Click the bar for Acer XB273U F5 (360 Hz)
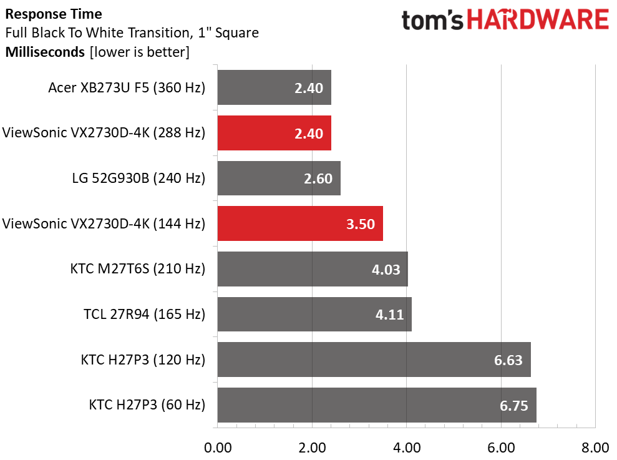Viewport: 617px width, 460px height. pyautogui.click(x=274, y=87)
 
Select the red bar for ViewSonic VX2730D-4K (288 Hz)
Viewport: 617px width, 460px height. pyautogui.click(x=274, y=133)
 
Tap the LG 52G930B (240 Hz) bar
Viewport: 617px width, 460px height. pyautogui.click(x=279, y=178)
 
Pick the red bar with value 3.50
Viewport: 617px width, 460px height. pyautogui.click(x=300, y=223)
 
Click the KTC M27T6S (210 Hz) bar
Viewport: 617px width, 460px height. pyautogui.click(x=313, y=269)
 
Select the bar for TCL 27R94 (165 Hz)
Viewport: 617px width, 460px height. pyautogui.click(x=315, y=315)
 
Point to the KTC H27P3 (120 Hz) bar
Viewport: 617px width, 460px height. pyautogui.click(x=374, y=360)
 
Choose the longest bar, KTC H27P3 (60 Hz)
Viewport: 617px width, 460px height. pyautogui.click(x=377, y=405)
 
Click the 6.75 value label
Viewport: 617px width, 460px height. pyautogui.click(x=514, y=406)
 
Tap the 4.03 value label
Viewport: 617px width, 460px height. pyautogui.click(x=386, y=270)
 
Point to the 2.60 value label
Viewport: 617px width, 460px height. pyautogui.click(x=318, y=179)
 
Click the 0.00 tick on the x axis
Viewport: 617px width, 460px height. pyautogui.click(x=218, y=448)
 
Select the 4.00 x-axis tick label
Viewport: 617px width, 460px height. pyautogui.click(x=407, y=448)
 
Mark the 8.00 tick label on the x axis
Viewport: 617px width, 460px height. pyautogui.click(x=595, y=448)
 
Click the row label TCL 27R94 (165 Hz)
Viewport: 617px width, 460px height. pyautogui.click(x=144, y=315)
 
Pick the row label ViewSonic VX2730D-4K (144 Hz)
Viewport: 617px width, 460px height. pyautogui.click(x=104, y=223)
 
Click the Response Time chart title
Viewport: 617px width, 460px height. pyautogui.click(x=54, y=14)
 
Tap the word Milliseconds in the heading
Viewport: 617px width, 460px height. pyautogui.click(x=46, y=52)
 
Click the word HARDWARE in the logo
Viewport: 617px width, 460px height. pyautogui.click(x=538, y=20)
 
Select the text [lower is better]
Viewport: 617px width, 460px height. pyautogui.click(x=140, y=52)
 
